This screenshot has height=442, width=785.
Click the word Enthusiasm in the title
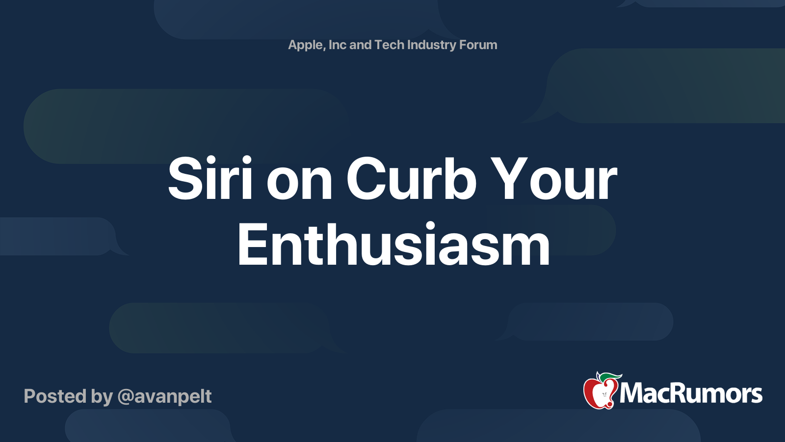[x=393, y=245]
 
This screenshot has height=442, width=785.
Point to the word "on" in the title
[x=299, y=183]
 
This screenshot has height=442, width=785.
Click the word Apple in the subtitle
[x=306, y=45]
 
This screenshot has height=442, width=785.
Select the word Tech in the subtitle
[x=389, y=45]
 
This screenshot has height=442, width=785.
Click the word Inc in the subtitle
[x=338, y=45]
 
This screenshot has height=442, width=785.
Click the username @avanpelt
[x=165, y=396]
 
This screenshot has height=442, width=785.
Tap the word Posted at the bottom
[x=55, y=396]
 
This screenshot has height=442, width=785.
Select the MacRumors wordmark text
[x=691, y=393]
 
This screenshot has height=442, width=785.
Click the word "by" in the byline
[x=102, y=397]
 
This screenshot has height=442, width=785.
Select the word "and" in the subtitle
[x=360, y=45]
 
